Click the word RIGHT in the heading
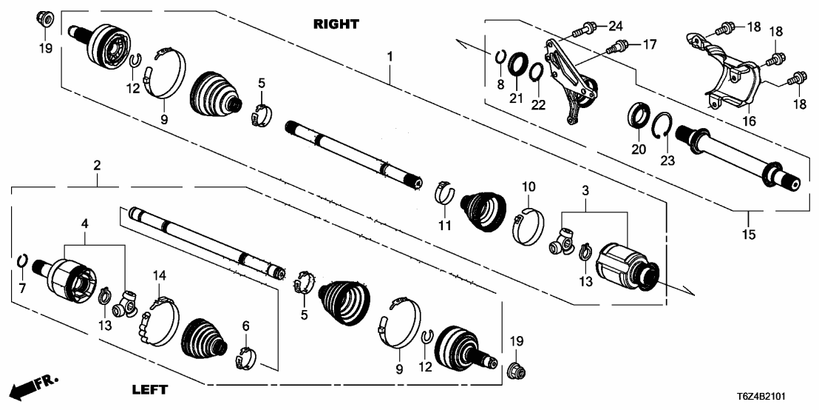[x=336, y=24]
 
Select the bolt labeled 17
[x=614, y=47]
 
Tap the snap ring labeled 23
[x=664, y=127]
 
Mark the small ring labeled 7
[x=23, y=261]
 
